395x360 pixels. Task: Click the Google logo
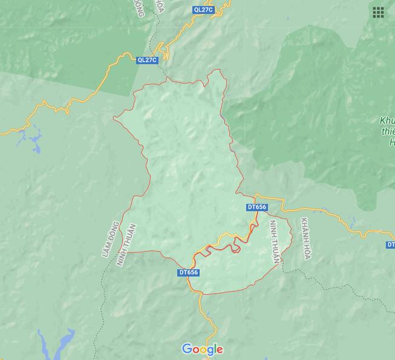coord(203,349)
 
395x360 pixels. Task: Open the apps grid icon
coord(378,13)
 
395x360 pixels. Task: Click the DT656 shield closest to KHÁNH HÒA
coord(256,207)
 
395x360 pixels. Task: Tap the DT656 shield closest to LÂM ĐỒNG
coord(189,272)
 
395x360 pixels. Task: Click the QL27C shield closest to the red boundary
coord(147,59)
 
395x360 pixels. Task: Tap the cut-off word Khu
coord(387,120)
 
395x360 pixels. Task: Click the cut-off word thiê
coord(388,132)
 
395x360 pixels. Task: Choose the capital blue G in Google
coord(186,349)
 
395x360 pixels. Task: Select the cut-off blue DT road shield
coord(391,244)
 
